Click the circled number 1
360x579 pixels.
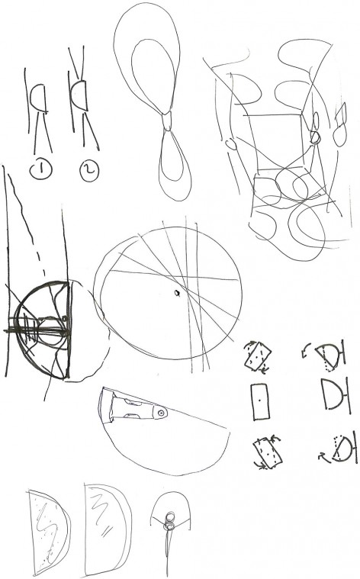coord(40,169)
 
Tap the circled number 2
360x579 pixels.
coord(89,172)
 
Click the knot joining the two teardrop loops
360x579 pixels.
coord(168,121)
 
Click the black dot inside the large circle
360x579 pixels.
coord(177,293)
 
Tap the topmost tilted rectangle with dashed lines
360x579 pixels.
coord(258,356)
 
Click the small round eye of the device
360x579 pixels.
coord(161,413)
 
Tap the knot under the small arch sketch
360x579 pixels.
coord(169,521)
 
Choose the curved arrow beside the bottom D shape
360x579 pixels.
coord(324,458)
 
